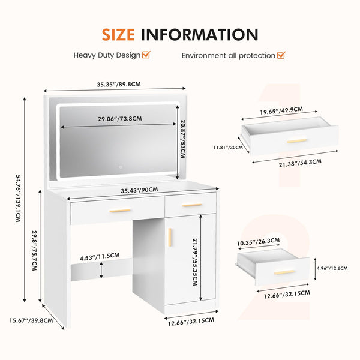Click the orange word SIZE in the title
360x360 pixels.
point(118,35)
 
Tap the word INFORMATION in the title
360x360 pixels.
point(200,35)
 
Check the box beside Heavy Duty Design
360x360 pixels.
point(146,55)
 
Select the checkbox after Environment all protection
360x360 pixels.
point(281,55)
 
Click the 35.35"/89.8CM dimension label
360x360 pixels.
point(118,84)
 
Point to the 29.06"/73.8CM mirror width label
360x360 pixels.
point(120,119)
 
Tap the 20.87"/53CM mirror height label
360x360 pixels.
point(183,139)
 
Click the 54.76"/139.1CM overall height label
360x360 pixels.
point(19,199)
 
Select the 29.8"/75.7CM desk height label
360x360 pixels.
point(34,250)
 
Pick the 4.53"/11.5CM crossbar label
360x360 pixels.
point(100,257)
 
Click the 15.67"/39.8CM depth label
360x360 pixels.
point(31,320)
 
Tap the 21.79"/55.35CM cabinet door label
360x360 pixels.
point(195,262)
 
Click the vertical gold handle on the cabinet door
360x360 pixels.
point(170,237)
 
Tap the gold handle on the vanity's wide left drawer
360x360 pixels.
point(119,211)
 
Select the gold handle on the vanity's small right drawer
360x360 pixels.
point(192,205)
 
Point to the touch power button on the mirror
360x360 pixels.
point(121,167)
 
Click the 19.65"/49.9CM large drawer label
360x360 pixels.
point(281,110)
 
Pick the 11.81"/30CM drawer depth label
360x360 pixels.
point(228,147)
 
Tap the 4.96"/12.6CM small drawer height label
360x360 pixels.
point(332,268)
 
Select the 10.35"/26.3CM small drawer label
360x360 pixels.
point(258,242)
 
